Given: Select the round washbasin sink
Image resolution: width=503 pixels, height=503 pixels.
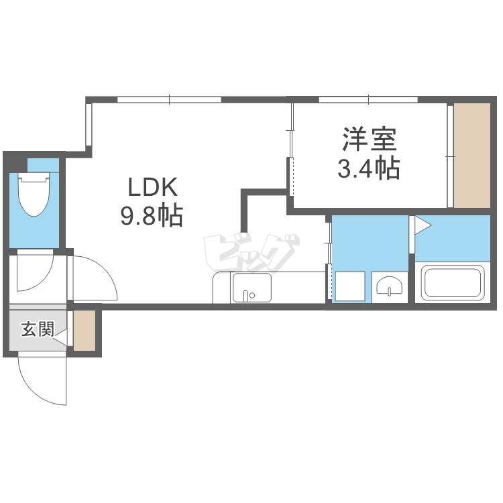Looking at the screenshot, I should pyautogui.click(x=390, y=287).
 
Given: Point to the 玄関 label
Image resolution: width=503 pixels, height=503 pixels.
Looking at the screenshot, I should pyautogui.click(x=37, y=329).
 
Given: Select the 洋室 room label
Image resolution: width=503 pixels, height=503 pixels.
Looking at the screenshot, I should pyautogui.click(x=370, y=139).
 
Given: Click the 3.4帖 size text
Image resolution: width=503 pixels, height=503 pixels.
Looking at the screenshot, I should pyautogui.click(x=369, y=168).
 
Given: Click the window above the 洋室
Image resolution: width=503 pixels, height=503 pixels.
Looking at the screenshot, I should pyautogui.click(x=368, y=100).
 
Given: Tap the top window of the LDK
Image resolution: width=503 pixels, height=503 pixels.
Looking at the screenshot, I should pyautogui.click(x=169, y=100).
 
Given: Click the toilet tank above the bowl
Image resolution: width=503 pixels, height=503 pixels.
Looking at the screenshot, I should pyautogui.click(x=34, y=178).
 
